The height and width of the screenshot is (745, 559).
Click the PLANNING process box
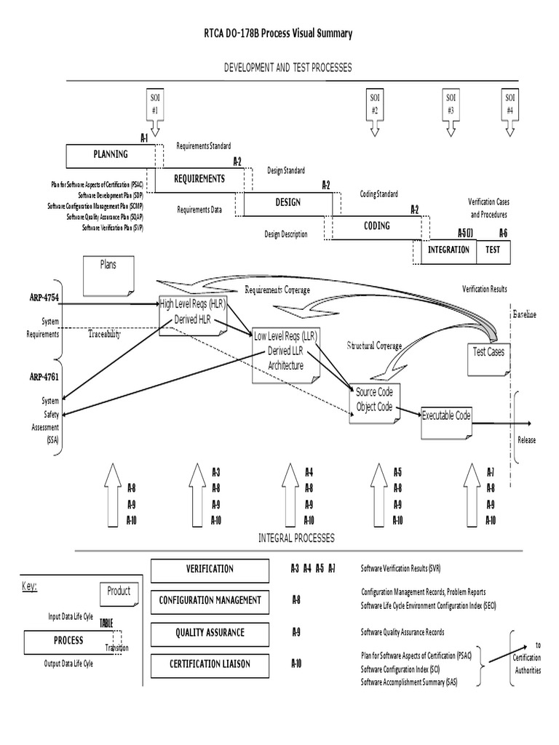110,155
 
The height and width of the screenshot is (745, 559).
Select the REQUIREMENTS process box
198,179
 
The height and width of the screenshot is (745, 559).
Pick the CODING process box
376,226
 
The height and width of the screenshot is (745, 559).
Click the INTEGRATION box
448,250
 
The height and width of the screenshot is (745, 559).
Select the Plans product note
108,274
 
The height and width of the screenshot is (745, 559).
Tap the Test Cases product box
488,352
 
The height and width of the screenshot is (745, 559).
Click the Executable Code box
446,416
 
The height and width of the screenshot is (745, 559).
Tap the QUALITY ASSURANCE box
209,633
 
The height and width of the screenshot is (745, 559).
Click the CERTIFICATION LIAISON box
209,664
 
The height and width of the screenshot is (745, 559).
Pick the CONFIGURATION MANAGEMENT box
209,601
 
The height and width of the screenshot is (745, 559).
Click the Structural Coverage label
374,346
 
